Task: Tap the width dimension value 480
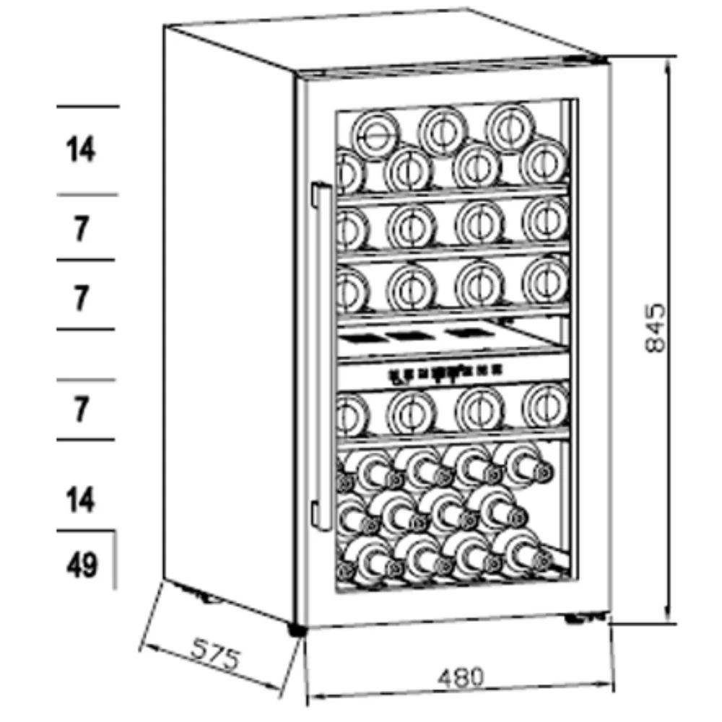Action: (459, 677)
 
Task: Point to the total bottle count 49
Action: (82, 565)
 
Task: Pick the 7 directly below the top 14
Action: (82, 230)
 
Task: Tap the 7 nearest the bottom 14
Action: (82, 410)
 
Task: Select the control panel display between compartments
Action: (444, 373)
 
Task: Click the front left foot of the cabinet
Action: (295, 630)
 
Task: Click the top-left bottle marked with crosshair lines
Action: (375, 134)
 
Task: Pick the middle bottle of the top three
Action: (442, 128)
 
